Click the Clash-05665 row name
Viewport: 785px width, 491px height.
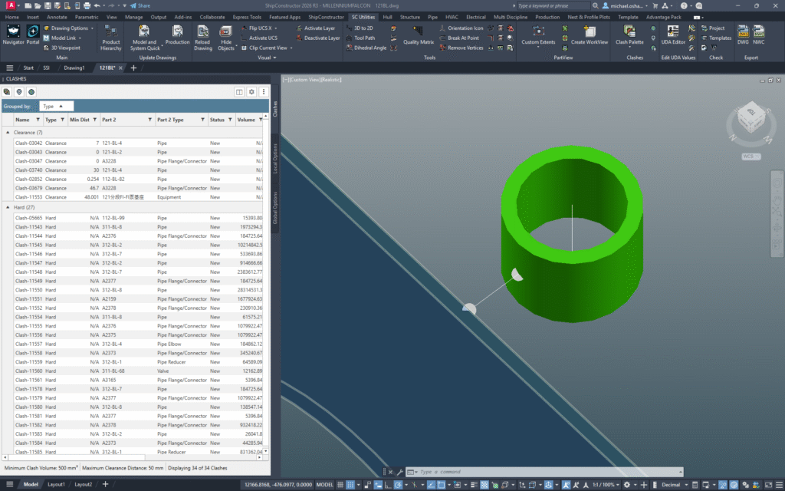28,218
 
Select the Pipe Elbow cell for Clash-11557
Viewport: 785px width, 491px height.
172,344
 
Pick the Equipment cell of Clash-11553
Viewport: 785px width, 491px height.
170,197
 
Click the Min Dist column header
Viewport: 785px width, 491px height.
80,120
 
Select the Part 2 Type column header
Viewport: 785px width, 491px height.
170,120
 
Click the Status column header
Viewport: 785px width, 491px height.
217,120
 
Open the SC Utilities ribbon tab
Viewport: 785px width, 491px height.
364,16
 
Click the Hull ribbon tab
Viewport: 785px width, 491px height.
387,16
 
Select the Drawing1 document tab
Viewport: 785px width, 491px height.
74,68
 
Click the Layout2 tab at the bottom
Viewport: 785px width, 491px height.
83,484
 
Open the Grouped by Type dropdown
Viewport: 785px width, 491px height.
57,106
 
